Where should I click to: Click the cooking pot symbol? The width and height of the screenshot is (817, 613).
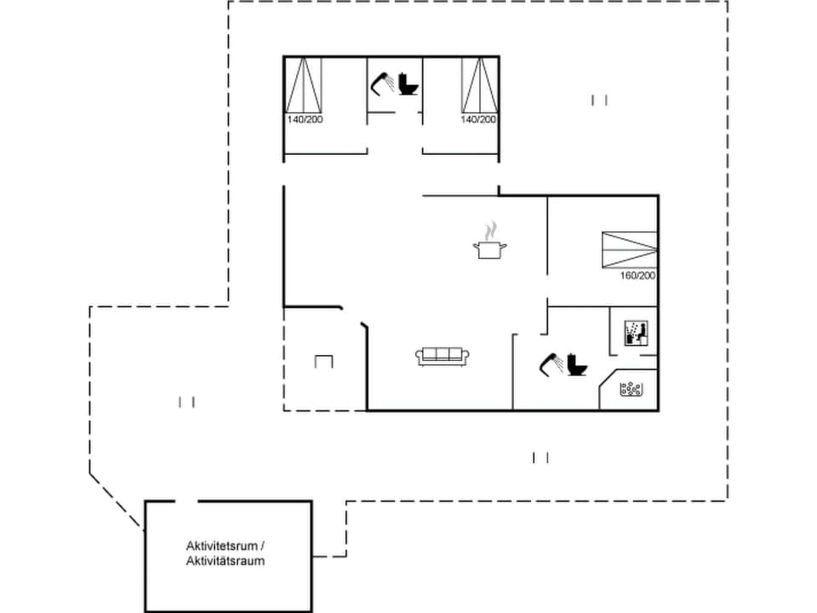click(489, 249)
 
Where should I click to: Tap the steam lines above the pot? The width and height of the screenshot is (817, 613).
click(489, 231)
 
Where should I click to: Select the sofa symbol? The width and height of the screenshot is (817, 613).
click(442, 357)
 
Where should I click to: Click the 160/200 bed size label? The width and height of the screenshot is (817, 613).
click(638, 276)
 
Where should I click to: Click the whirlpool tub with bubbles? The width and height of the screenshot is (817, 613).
click(631, 390)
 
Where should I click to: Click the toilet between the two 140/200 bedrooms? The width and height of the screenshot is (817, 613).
click(409, 85)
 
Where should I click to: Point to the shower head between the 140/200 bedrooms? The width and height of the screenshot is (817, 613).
click(382, 83)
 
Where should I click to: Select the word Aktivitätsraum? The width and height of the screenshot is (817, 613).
click(226, 561)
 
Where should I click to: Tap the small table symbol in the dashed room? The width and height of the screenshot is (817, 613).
click(323, 362)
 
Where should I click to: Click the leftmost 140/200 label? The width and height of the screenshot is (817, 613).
click(305, 119)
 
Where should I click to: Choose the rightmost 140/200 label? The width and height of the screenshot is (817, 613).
click(478, 119)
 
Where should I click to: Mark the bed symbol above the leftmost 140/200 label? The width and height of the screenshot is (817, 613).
click(305, 85)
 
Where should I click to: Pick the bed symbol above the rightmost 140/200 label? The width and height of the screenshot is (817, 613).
click(478, 85)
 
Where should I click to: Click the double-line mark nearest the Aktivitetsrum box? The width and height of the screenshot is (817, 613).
click(187, 402)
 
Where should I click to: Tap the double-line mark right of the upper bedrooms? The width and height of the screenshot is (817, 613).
click(599, 100)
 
